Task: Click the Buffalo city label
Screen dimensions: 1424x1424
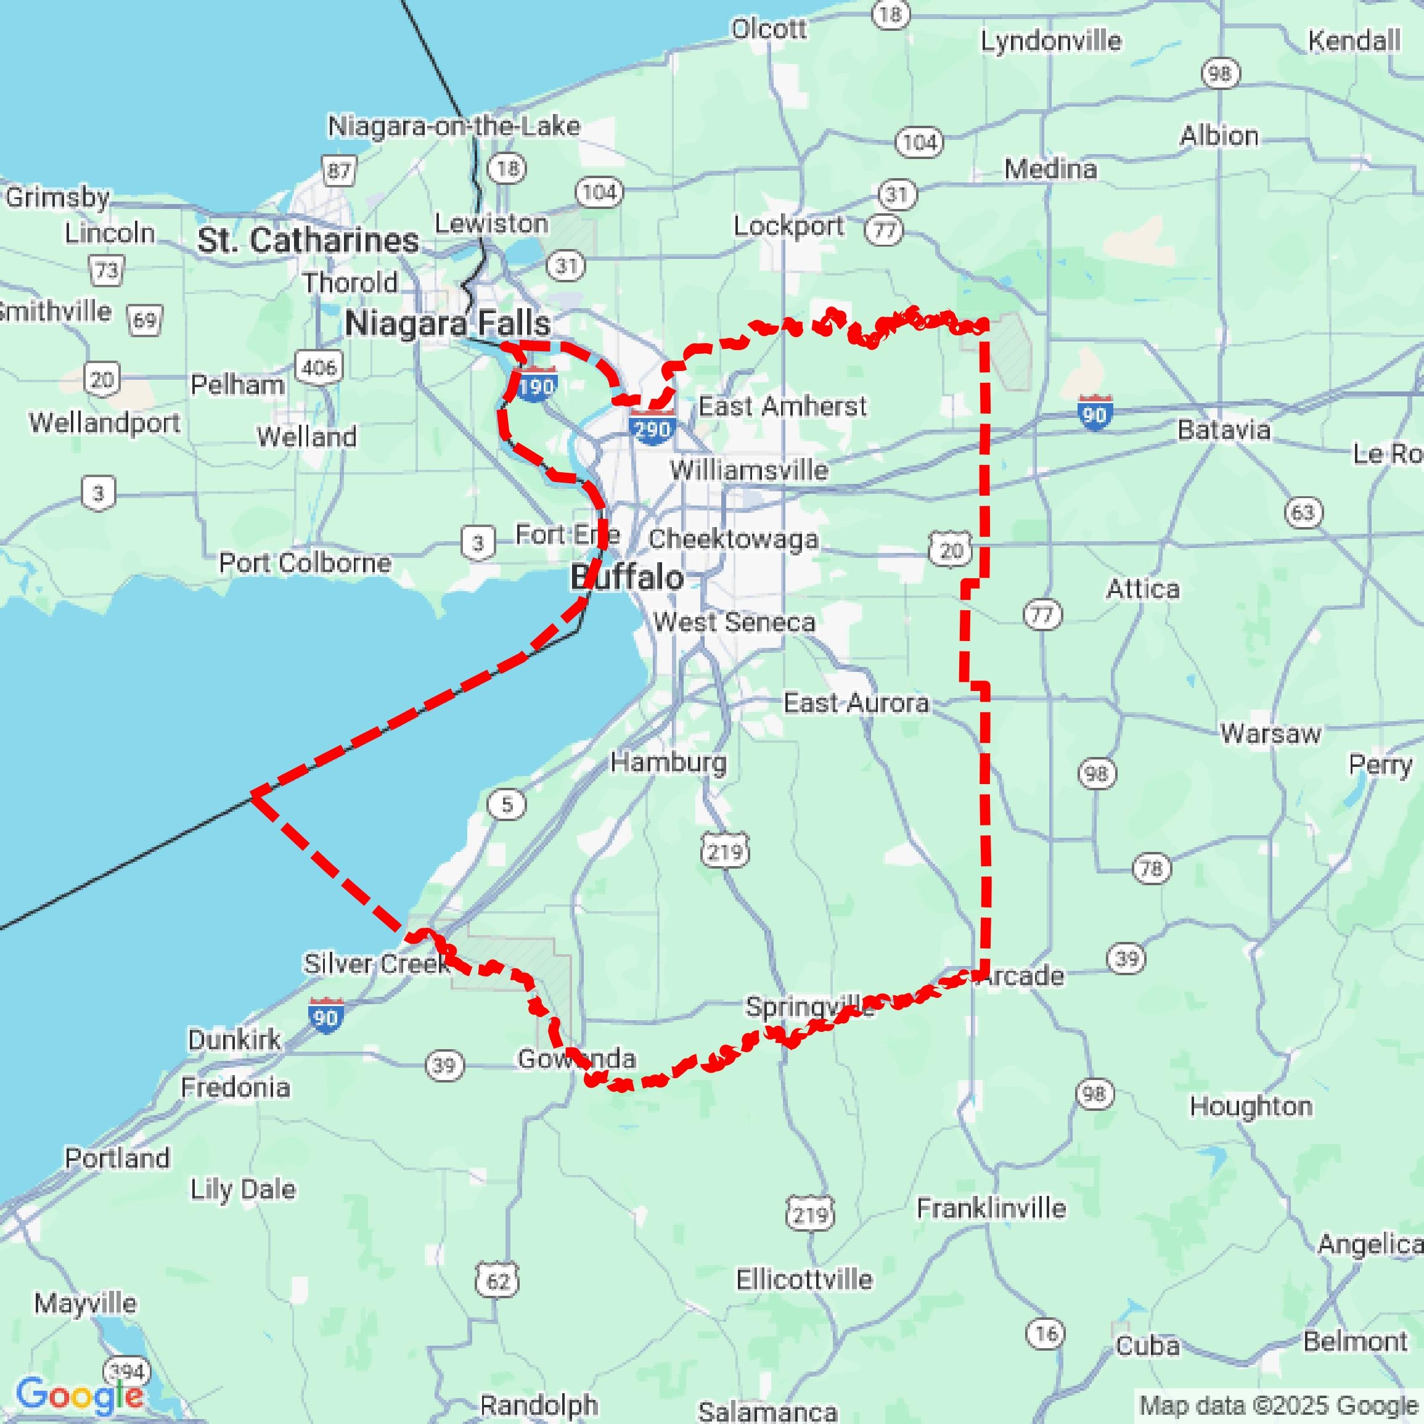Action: point(628,577)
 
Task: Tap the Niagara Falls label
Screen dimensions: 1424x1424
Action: point(448,324)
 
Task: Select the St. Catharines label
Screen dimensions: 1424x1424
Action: point(308,240)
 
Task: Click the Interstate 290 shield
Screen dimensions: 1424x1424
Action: point(652,427)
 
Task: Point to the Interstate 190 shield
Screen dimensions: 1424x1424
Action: point(536,385)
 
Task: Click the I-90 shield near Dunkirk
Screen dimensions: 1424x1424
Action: point(325,1016)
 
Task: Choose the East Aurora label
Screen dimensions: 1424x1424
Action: point(856,702)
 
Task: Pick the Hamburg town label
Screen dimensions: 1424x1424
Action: point(668,761)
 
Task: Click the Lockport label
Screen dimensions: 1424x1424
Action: point(788,226)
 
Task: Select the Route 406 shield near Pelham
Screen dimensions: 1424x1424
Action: point(319,366)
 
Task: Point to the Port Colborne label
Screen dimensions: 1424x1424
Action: point(305,563)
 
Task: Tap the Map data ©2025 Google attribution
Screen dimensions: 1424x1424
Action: point(1280,1405)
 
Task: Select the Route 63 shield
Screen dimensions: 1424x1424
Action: point(1303,512)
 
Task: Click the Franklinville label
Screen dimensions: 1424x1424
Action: point(991,1208)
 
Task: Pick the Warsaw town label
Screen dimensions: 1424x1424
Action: point(1271,734)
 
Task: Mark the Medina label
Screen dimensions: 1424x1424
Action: point(1050,170)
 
